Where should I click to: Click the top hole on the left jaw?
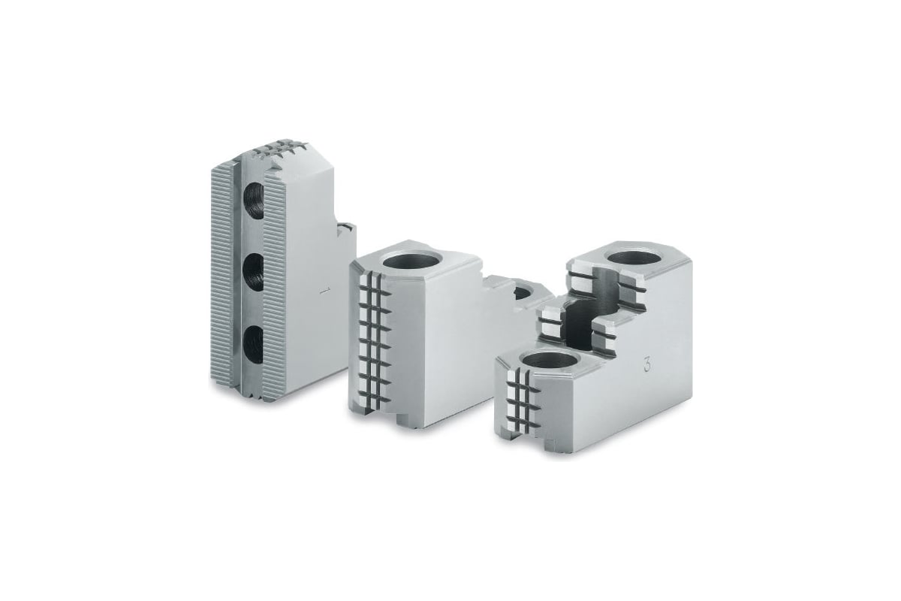pos(255,201)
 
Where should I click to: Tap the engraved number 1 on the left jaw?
pos(322,291)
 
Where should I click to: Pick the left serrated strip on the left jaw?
pos(221,278)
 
